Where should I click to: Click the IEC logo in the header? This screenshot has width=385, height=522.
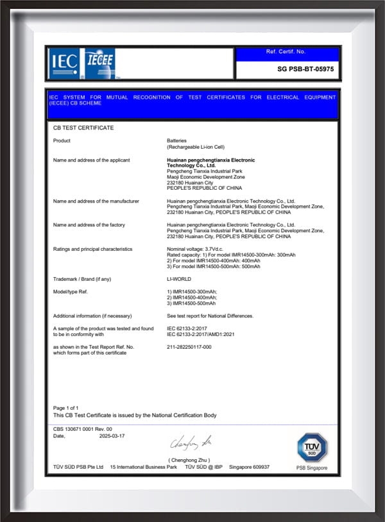pos(64,62)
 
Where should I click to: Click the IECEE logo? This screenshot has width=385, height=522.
pos(100,63)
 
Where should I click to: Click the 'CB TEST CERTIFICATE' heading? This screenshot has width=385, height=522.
pos(83,128)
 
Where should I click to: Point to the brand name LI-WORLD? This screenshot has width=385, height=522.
pos(179,279)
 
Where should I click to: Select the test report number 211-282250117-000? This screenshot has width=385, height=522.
pos(189,347)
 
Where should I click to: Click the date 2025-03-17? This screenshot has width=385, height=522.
pos(112,435)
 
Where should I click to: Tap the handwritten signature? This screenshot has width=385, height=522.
pos(191,442)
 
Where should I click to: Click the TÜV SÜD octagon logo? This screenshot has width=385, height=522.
pos(312,447)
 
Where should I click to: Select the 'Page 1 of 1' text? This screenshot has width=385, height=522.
pos(65,408)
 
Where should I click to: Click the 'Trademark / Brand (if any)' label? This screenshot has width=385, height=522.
pos(82,279)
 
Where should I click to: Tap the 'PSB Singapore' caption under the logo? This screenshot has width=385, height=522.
pos(311,467)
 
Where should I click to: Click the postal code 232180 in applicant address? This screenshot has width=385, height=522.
pos(175,182)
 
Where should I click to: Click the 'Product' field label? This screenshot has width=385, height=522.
pos(62,140)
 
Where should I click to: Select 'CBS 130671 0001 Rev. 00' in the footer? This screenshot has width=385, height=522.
pos(83,428)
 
